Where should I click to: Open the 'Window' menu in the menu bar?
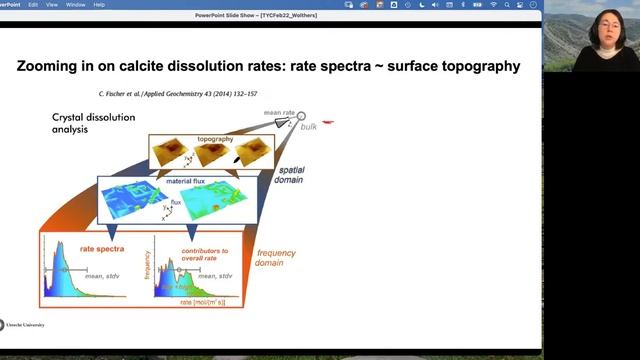click(102, 4)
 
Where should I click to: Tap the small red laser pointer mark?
click(328, 123)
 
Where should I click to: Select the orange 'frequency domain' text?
click(276, 258)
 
